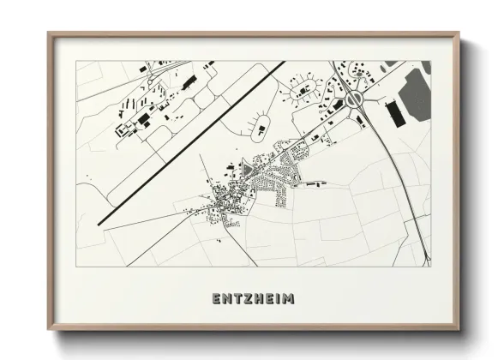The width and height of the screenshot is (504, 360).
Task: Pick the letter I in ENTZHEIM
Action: (x=278, y=300)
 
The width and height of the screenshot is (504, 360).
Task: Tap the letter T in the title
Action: (x=233, y=300)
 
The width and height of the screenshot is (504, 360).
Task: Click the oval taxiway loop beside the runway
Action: (x=259, y=129)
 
